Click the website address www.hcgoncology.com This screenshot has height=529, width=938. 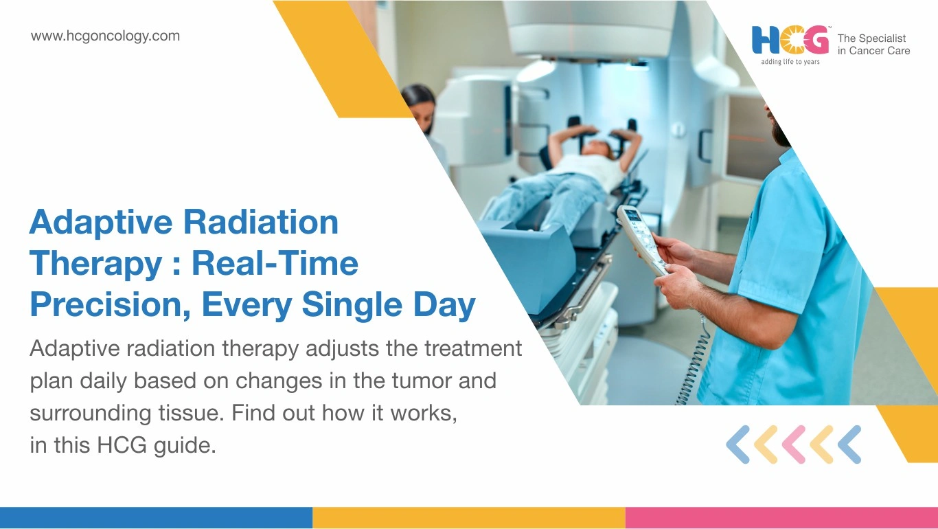click(105, 36)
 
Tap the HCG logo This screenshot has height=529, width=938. click(790, 41)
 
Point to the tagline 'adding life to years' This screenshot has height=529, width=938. click(790, 62)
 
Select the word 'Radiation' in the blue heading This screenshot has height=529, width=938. click(261, 222)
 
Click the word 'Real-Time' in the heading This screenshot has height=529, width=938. click(275, 263)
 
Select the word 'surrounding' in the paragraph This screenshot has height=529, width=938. click(91, 414)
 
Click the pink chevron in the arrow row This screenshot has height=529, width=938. click(794, 444)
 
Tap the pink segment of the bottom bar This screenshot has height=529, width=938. click(781, 518)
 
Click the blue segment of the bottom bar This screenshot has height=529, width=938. click(156, 518)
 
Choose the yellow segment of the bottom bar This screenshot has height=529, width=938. click(469, 518)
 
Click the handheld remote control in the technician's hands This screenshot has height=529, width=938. click(642, 240)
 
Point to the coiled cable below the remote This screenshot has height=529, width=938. click(693, 360)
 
